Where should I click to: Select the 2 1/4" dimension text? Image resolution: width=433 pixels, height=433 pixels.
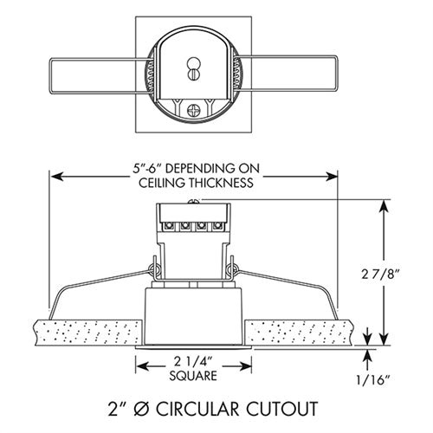[x=192, y=361]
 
